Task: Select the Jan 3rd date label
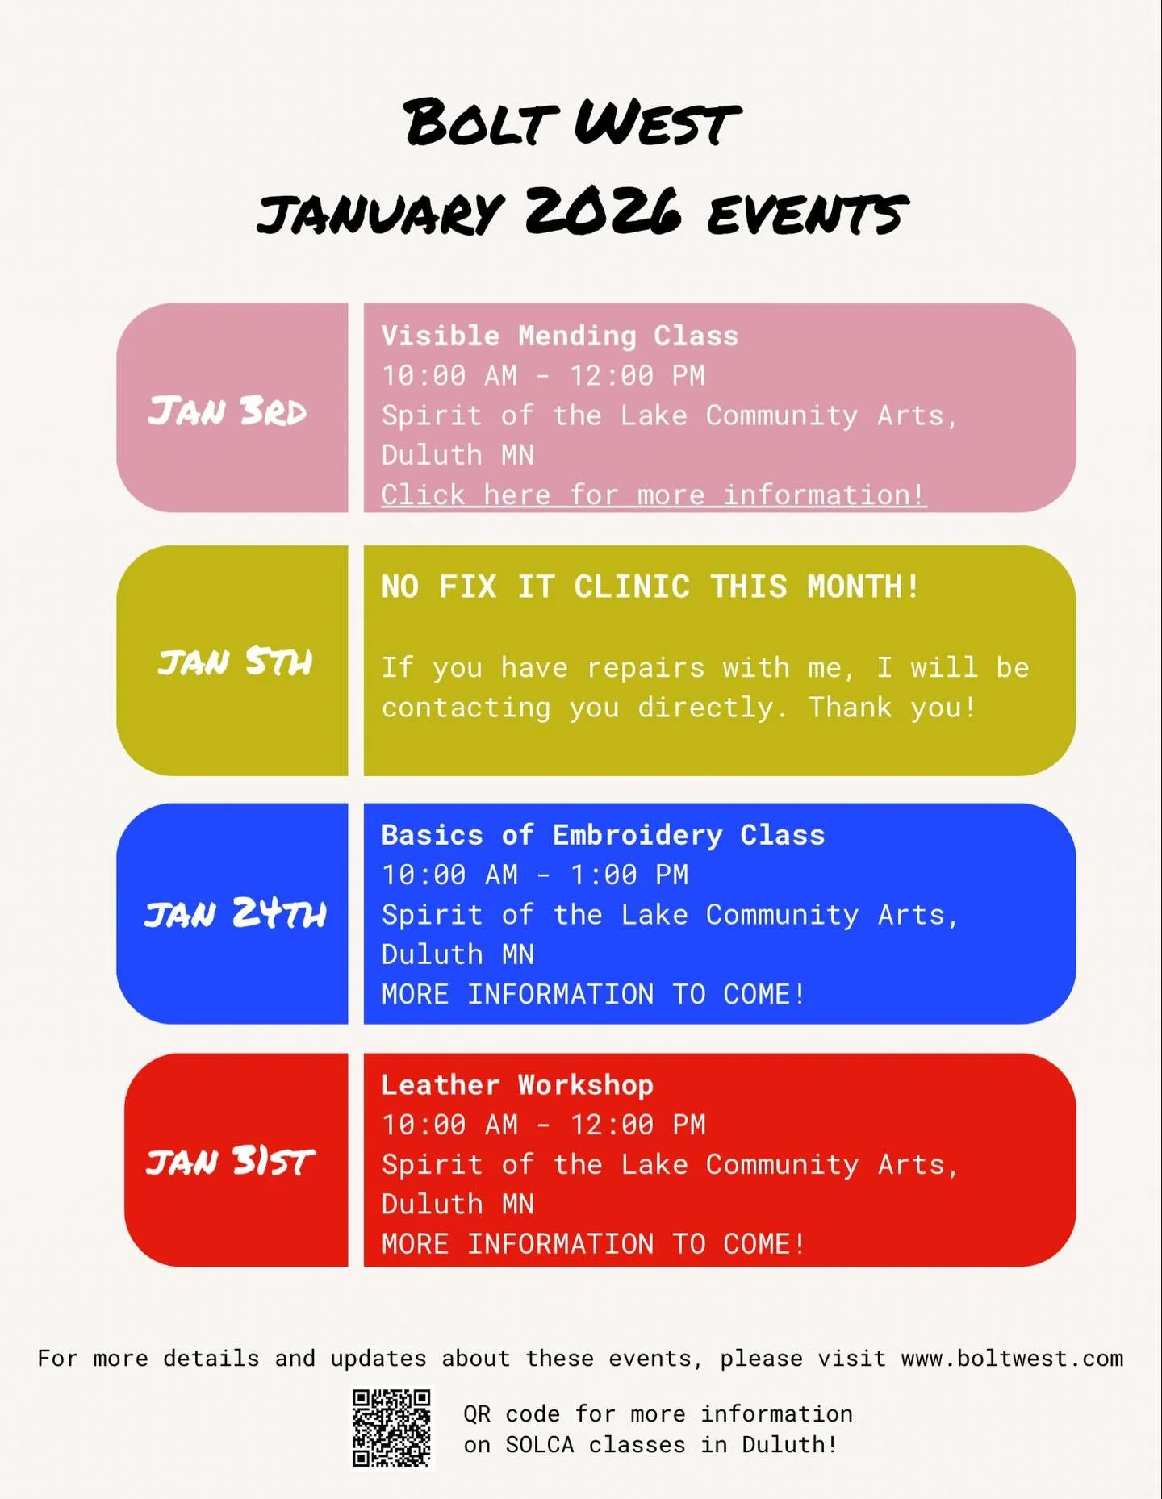(x=228, y=411)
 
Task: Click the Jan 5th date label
(x=235, y=662)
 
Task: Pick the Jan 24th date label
(x=235, y=914)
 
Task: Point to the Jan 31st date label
(x=231, y=1162)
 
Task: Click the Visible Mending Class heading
(x=559, y=336)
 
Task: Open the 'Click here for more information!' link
(x=654, y=495)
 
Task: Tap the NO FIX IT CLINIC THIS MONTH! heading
(x=650, y=587)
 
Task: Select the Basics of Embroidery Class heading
(x=603, y=835)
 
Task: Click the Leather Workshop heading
(x=517, y=1085)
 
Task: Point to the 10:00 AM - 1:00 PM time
(x=535, y=875)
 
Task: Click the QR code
(x=392, y=1427)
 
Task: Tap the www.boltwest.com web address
(x=1012, y=1359)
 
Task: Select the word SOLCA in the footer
(x=539, y=1445)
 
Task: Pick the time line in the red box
(x=543, y=1125)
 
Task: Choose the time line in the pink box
(x=543, y=375)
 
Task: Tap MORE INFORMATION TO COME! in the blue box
(x=593, y=994)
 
